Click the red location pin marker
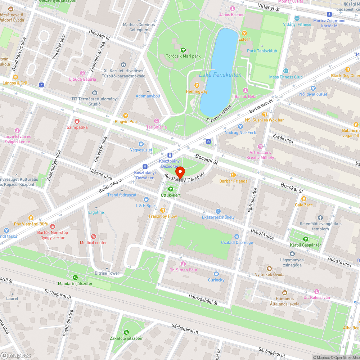click(x=179, y=172)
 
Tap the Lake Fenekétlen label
click(x=220, y=75)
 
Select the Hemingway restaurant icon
click(x=197, y=85)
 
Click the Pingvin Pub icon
click(x=125, y=116)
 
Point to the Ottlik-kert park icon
click(x=171, y=189)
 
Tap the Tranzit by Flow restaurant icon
click(x=163, y=210)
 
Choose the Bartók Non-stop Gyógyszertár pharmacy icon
click(x=53, y=226)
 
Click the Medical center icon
click(x=94, y=237)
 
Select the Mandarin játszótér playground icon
click(x=75, y=278)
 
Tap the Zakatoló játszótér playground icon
click(x=126, y=332)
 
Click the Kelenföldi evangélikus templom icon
click(x=320, y=217)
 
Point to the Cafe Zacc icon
click(x=304, y=199)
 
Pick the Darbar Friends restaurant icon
click(x=233, y=175)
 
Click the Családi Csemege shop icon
click(x=237, y=237)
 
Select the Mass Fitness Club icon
click(x=286, y=71)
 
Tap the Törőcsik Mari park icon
click(x=183, y=50)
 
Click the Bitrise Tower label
click(x=107, y=273)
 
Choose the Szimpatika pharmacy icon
click(x=77, y=121)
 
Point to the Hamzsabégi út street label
click(x=203, y=300)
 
